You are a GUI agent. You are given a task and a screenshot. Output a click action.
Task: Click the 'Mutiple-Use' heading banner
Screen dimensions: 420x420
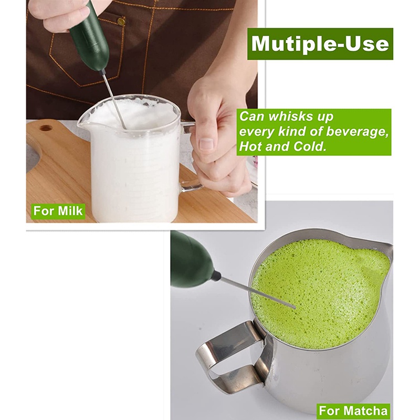[x=320, y=44]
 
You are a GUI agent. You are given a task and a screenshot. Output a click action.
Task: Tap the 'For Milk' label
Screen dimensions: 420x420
[x=58, y=211]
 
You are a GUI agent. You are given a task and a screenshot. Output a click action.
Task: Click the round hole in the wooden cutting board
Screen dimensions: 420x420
[x=46, y=128]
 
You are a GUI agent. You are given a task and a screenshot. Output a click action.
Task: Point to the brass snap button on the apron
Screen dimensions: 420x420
[x=121, y=21]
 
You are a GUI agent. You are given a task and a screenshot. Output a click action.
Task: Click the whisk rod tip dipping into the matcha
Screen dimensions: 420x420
[x=294, y=308]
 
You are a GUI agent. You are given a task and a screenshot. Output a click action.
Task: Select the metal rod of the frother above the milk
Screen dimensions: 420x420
[x=114, y=100]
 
